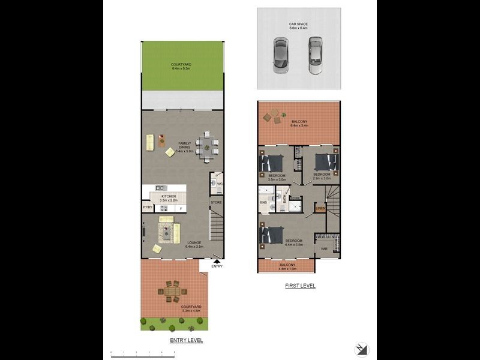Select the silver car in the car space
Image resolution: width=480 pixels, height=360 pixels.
coord(316,55)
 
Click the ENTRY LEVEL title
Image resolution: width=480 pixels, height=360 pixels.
coord(186,340)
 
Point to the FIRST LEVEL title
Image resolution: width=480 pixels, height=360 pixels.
coord(300,286)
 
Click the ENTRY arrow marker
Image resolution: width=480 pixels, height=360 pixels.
coord(217,261)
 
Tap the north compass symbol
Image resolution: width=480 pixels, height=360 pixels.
coord(361,349)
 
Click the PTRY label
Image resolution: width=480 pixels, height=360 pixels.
coord(147,208)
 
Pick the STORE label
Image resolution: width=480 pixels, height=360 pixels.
coord(216,203)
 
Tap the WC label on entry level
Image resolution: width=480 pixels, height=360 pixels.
coord(220,184)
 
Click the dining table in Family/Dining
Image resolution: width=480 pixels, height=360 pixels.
coord(207,146)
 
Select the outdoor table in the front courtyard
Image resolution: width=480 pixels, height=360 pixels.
coord(172,292)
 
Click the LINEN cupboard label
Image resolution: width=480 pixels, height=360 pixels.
coord(320,209)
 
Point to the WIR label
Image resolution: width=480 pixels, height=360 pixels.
coord(324,248)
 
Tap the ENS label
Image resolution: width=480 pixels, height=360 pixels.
coord(263,202)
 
